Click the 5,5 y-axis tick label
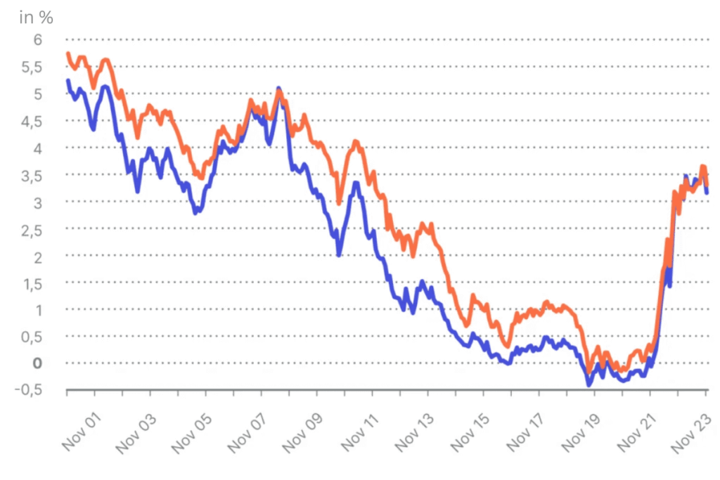[x=32, y=67]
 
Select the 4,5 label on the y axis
[x=32, y=122]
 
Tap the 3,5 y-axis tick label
[x=32, y=176]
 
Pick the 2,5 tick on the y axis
[x=32, y=230]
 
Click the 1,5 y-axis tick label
[x=32, y=284]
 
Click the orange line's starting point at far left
[x=67, y=53]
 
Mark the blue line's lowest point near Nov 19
[x=589, y=384]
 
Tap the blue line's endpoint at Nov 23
[x=707, y=192]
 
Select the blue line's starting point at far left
[x=67, y=81]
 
